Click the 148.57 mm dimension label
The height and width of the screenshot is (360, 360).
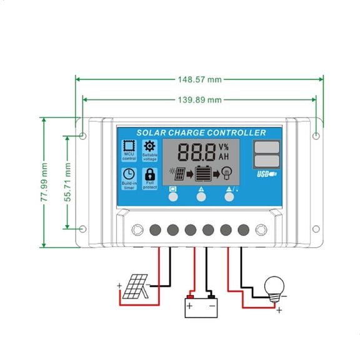pos(199,80)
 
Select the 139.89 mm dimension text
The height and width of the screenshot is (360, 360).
pos(199,100)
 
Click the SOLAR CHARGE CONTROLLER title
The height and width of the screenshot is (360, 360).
pos(201,132)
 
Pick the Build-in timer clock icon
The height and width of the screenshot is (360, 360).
pos(129,174)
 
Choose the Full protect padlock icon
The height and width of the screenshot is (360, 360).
pos(150,174)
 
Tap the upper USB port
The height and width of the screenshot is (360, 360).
pos(266,148)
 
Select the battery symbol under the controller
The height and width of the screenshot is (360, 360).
pos(201,306)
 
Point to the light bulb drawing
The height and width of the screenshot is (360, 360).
pos(275,287)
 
